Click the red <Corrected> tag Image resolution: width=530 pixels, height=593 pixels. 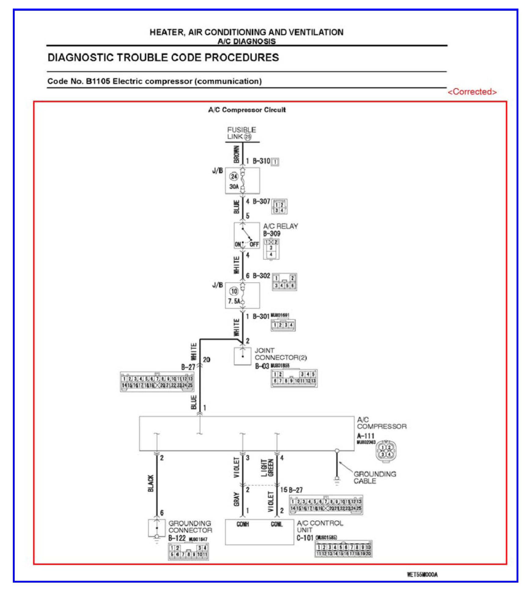coord(472,92)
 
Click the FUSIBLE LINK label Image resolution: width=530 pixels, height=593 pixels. coord(241,133)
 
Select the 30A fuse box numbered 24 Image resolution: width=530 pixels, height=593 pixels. coord(242,181)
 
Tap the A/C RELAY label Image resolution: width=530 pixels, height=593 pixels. coord(281,226)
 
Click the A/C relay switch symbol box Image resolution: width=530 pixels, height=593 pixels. coord(246,236)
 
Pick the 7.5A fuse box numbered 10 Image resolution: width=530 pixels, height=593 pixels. coord(242,295)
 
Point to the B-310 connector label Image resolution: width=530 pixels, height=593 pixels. coord(261,161)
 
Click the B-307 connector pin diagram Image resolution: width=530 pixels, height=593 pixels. coord(279,207)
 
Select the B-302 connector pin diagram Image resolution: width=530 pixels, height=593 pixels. coord(284,282)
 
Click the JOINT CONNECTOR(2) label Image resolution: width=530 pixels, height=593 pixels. coord(281,354)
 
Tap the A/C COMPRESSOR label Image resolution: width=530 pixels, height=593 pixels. coord(381,423)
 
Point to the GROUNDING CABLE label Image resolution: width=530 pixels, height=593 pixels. coord(375,477)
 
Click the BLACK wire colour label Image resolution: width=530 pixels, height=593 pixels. coord(151,483)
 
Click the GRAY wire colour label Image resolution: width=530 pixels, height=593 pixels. coord(236,499)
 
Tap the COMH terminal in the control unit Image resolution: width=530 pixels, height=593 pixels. coord(243,525)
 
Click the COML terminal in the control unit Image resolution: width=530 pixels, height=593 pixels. coord(277,525)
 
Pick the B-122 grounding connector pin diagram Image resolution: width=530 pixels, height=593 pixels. coord(188,551)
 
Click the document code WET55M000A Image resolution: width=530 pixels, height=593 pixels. coord(422,574)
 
